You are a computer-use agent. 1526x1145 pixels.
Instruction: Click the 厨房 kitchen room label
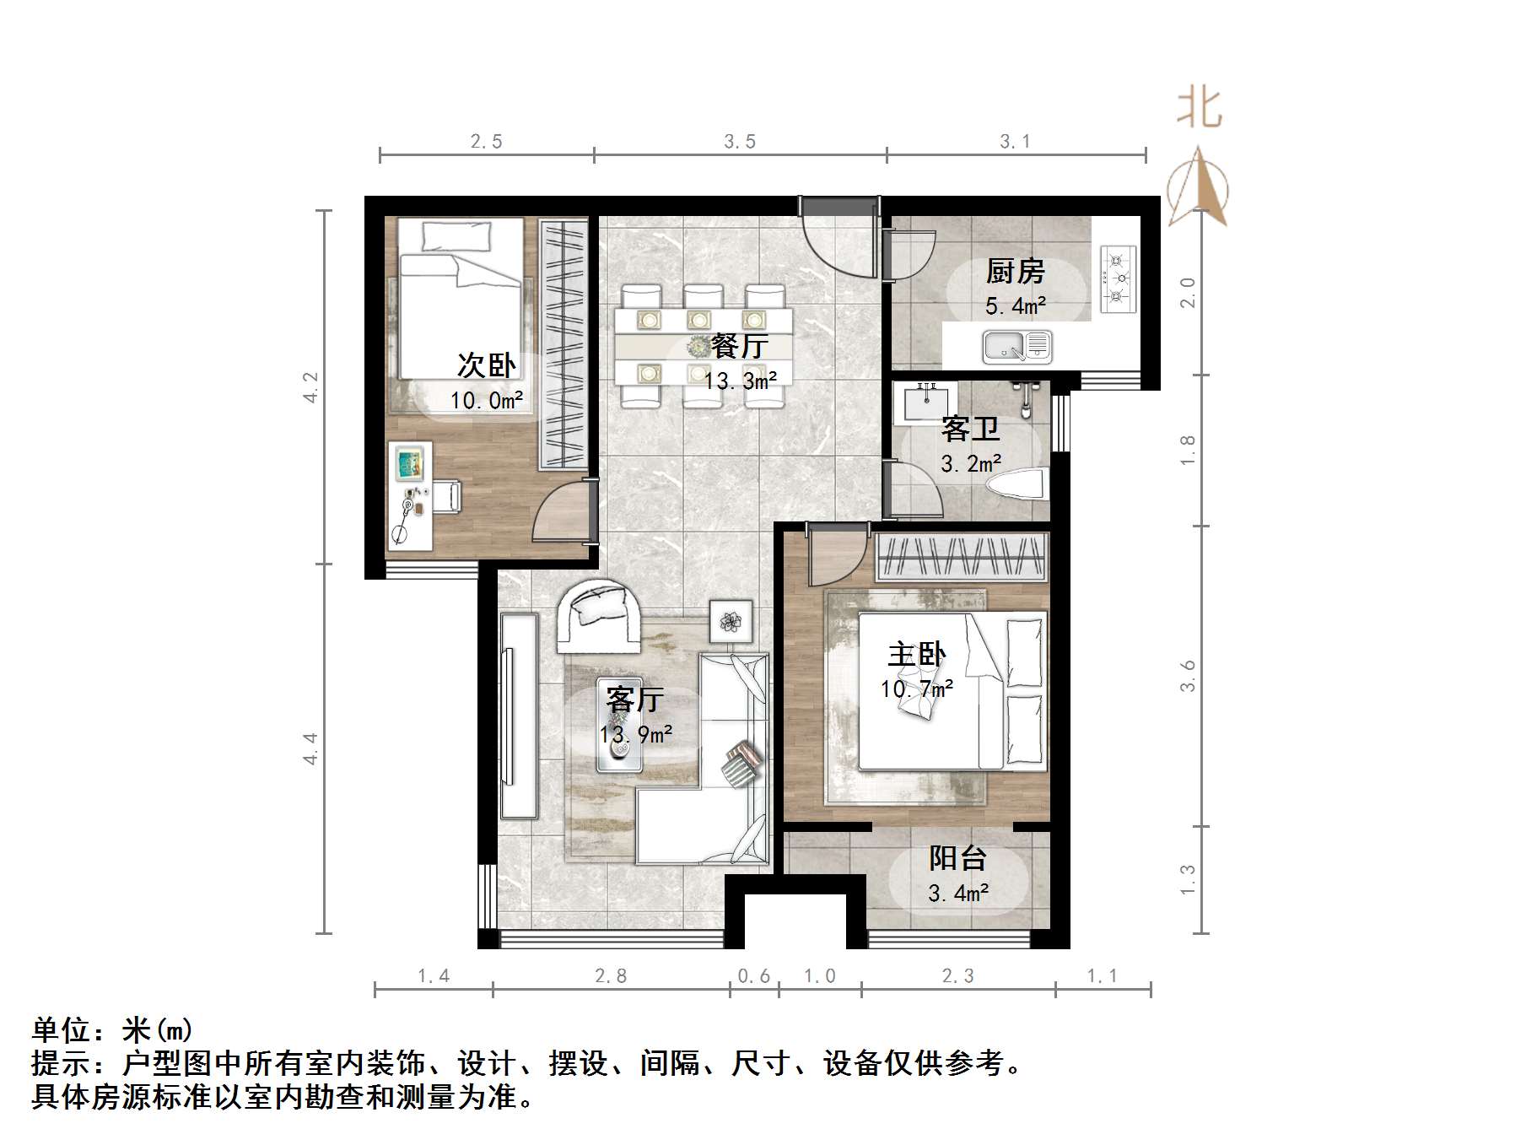1015,272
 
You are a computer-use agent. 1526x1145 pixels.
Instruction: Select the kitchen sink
1016,346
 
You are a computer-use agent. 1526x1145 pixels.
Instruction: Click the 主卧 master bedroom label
916,654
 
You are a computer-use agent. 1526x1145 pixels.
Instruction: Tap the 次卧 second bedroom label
486,365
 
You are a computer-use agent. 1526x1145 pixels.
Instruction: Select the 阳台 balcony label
957,858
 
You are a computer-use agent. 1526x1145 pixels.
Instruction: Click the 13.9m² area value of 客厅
636,734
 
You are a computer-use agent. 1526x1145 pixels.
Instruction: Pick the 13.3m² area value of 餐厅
740,381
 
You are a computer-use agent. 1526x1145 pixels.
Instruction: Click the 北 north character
1199,108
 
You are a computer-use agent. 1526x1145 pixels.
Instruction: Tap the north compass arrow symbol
1198,187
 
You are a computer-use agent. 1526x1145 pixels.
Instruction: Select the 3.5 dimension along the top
739,142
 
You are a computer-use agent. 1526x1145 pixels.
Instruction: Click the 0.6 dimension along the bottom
753,976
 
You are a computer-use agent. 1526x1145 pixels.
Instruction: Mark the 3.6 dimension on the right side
1188,675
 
